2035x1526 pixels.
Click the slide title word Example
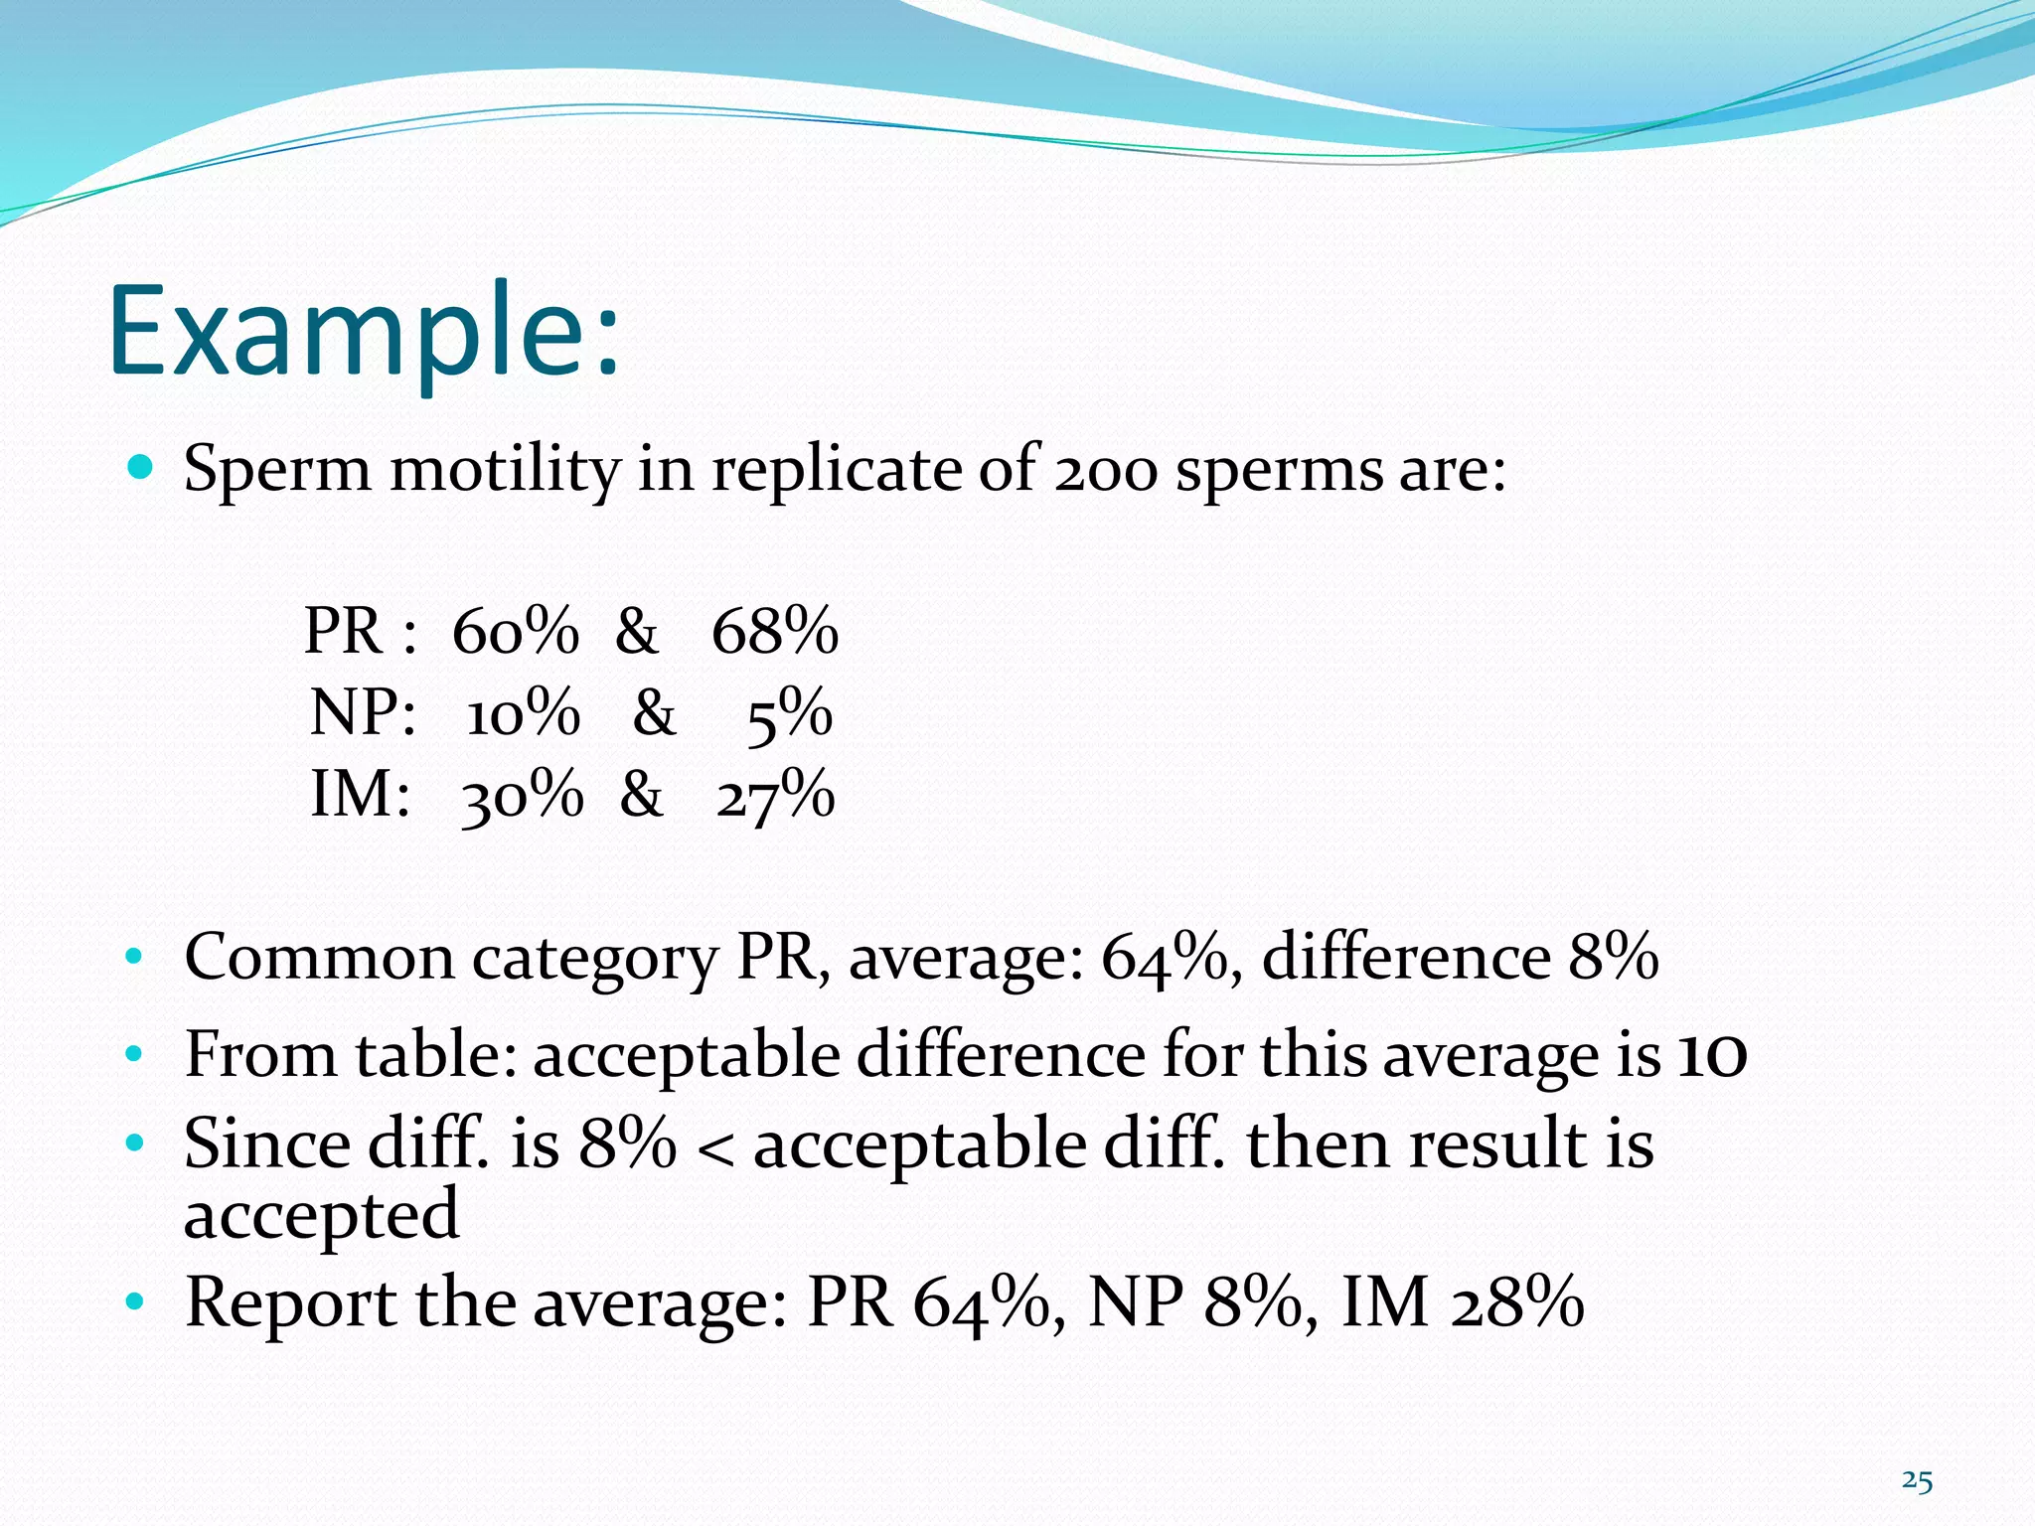click(363, 333)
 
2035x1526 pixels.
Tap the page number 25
click(1917, 1481)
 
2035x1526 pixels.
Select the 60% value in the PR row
click(515, 631)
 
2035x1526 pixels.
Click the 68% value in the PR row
click(775, 631)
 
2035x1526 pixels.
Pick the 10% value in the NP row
click(523, 713)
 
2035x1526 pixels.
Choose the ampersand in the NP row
click(654, 713)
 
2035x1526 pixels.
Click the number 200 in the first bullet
click(1105, 470)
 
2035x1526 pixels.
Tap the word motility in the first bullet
click(505, 470)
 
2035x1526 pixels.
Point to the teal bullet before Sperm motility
click(141, 466)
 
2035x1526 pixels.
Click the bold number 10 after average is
click(1711, 1055)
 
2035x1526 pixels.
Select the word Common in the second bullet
click(319, 958)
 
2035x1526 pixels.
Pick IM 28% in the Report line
click(1462, 1302)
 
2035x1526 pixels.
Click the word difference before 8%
click(1405, 958)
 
